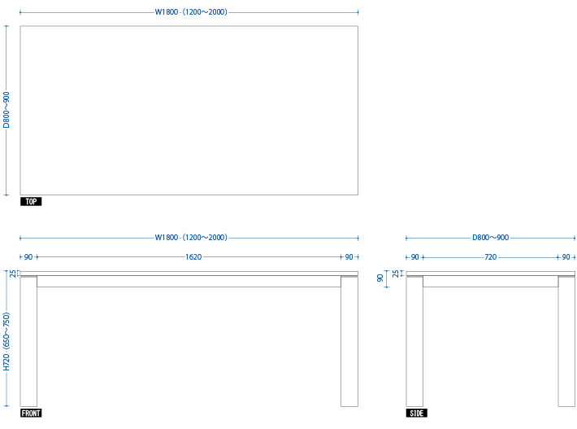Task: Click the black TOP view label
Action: (31, 202)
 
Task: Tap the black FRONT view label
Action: (31, 414)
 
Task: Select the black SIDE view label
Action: (417, 414)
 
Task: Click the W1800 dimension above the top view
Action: (191, 11)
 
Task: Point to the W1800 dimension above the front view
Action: (191, 238)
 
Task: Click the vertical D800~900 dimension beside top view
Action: (7, 110)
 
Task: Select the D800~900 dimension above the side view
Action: (491, 238)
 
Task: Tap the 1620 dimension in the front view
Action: (193, 257)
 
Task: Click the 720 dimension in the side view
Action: (491, 257)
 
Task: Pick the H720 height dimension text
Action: (7, 342)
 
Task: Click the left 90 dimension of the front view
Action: (28, 257)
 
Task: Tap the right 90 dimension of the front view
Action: (349, 257)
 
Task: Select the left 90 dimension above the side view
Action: (414, 257)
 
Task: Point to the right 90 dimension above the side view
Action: (566, 257)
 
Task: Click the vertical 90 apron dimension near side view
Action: (380, 278)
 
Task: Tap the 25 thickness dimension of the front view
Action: (13, 274)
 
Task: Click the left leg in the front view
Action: (28, 341)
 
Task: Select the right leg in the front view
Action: (349, 341)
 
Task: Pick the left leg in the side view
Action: (414, 341)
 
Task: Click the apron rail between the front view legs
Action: (189, 281)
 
